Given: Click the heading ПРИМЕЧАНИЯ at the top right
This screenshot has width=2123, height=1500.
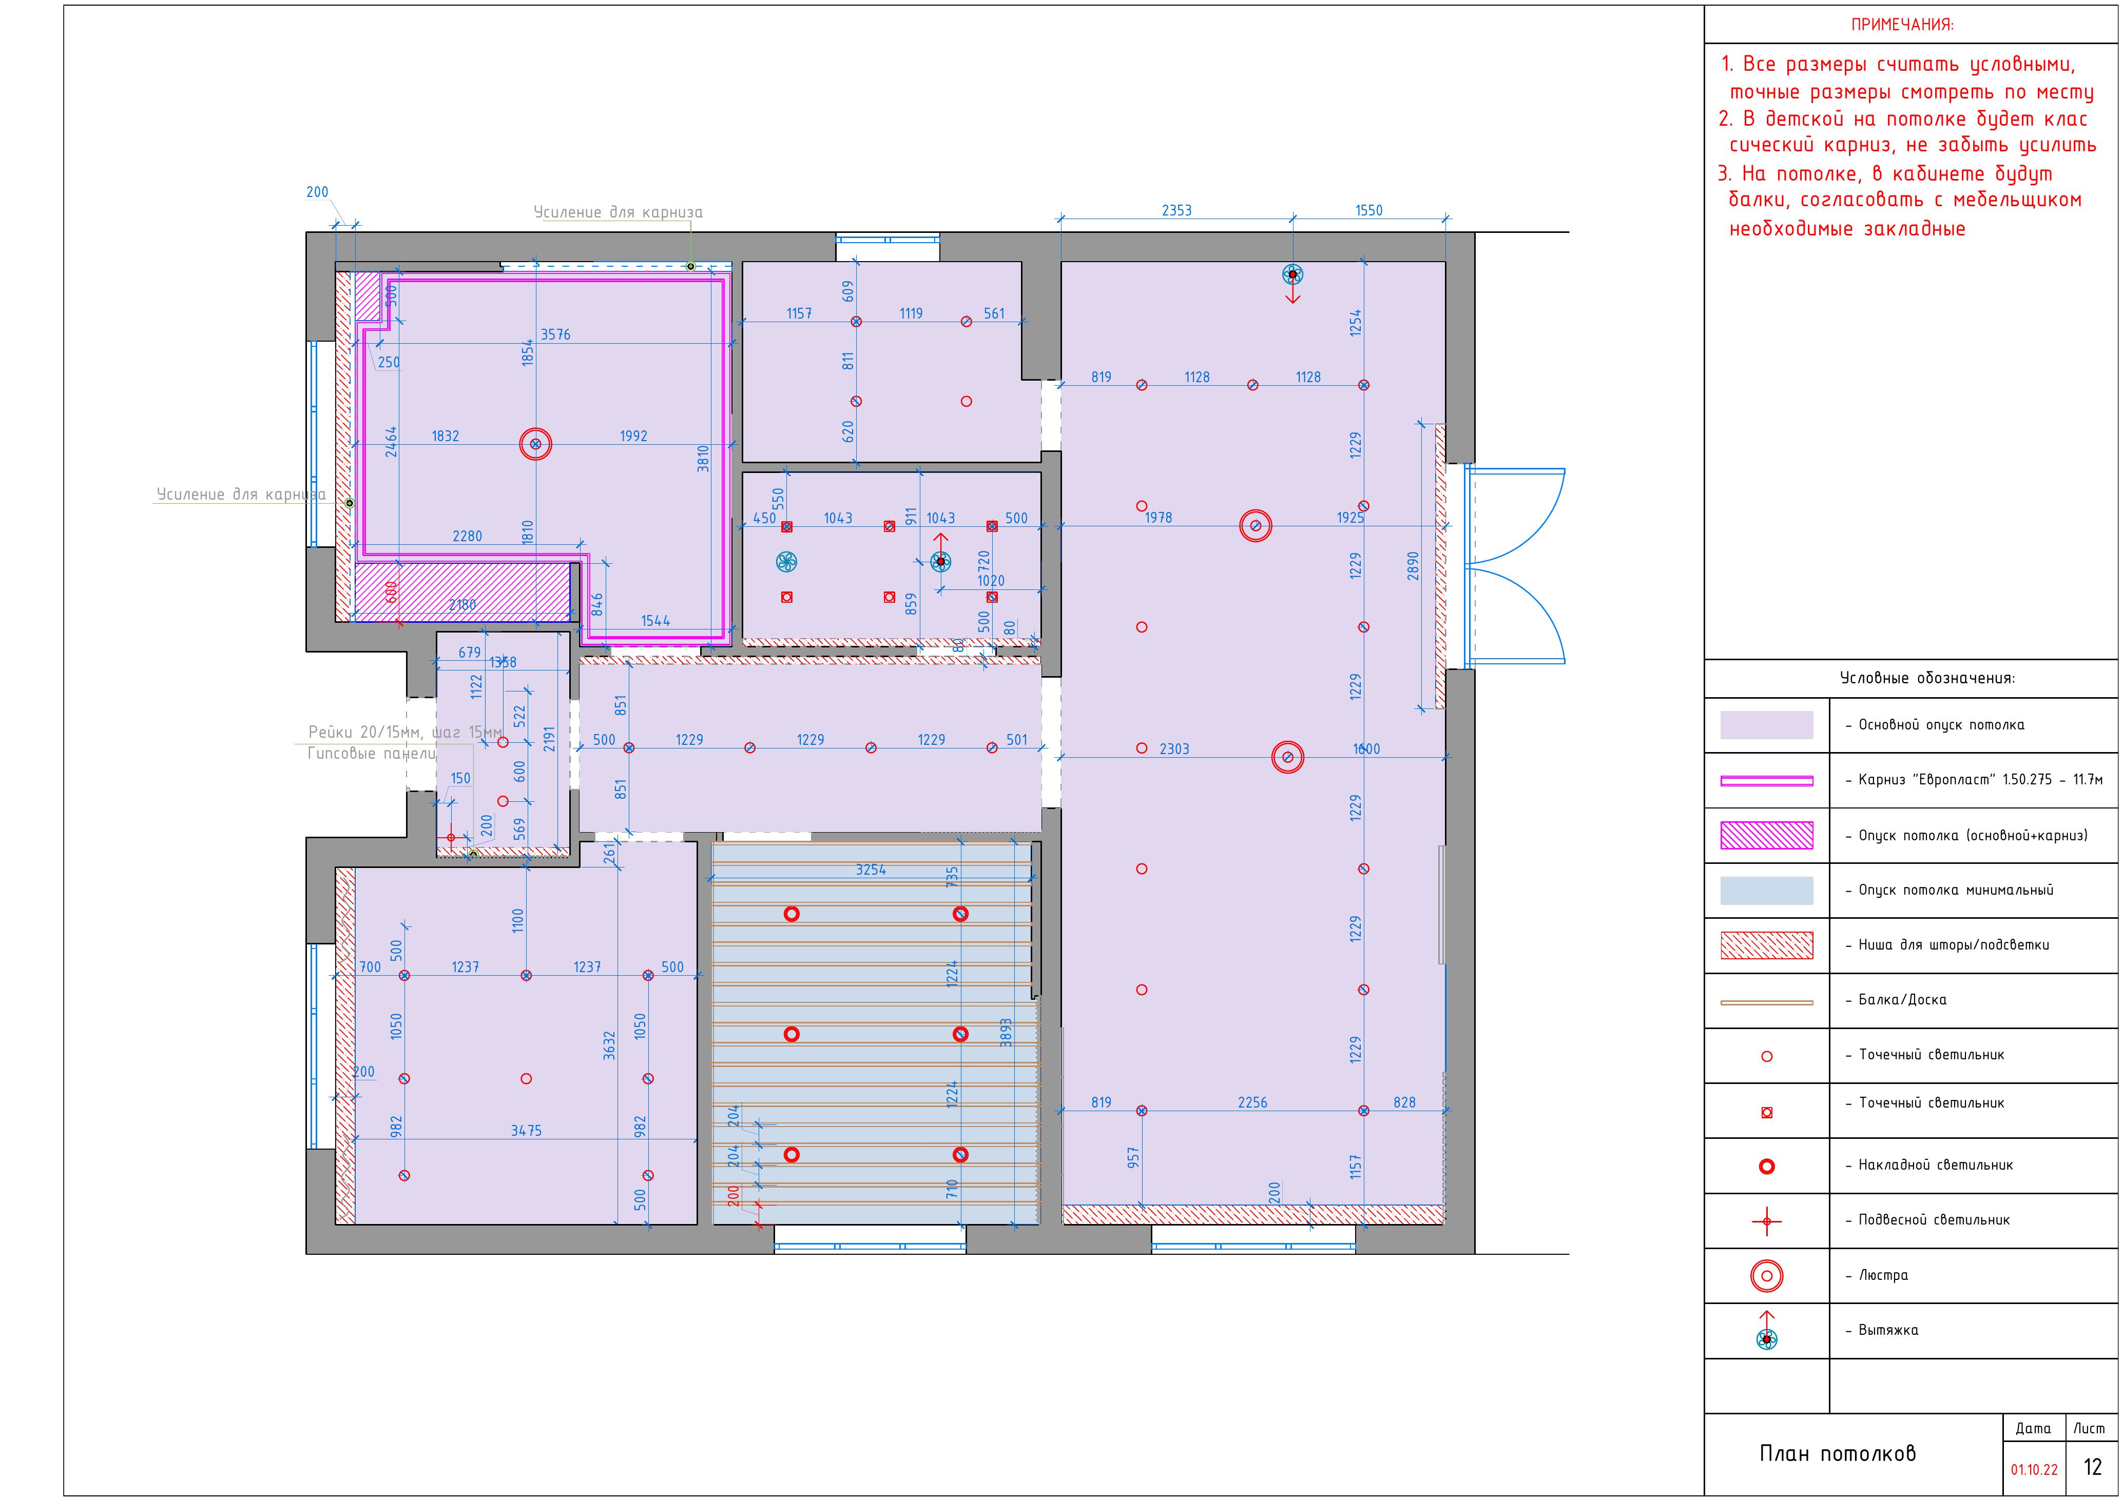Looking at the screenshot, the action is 1902,25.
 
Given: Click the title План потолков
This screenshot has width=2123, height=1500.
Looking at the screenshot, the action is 1837,1454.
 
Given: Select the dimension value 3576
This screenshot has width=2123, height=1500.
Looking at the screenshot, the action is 556,334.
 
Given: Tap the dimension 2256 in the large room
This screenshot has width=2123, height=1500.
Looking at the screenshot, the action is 1253,1102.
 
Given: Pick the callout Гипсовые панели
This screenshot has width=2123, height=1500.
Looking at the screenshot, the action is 371,753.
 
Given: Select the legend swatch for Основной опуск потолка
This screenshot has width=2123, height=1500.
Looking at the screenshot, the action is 1766,724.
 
